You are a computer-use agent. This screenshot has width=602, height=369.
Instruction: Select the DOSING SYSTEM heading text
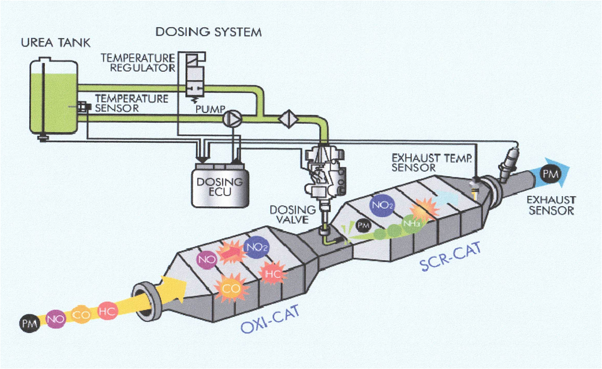pos(208,32)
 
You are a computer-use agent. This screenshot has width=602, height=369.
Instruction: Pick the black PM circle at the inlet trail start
pos(29,322)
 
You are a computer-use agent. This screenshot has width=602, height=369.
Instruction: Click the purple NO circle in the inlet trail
pos(54,318)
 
